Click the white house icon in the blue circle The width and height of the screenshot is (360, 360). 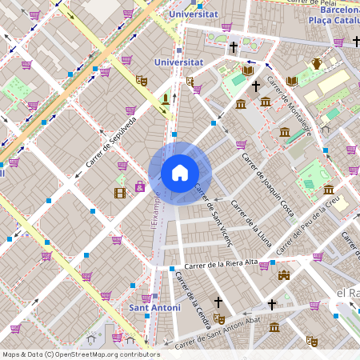pyautogui.click(x=180, y=173)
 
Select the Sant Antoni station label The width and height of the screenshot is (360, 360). pyautogui.click(x=154, y=307)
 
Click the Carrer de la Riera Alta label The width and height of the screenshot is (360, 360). pyautogui.click(x=221, y=263)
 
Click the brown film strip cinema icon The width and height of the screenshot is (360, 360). pyautogui.click(x=120, y=192)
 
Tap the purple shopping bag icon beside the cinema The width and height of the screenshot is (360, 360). pyautogui.click(x=140, y=187)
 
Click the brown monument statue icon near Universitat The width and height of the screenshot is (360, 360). pyautogui.click(x=166, y=98)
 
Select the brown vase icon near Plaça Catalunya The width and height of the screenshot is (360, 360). pyautogui.click(x=317, y=64)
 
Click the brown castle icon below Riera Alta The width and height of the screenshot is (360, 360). pyautogui.click(x=282, y=276)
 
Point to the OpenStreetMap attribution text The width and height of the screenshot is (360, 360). pyautogui.click(x=81, y=354)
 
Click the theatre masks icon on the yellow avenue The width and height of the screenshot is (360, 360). pyautogui.click(x=142, y=80)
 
